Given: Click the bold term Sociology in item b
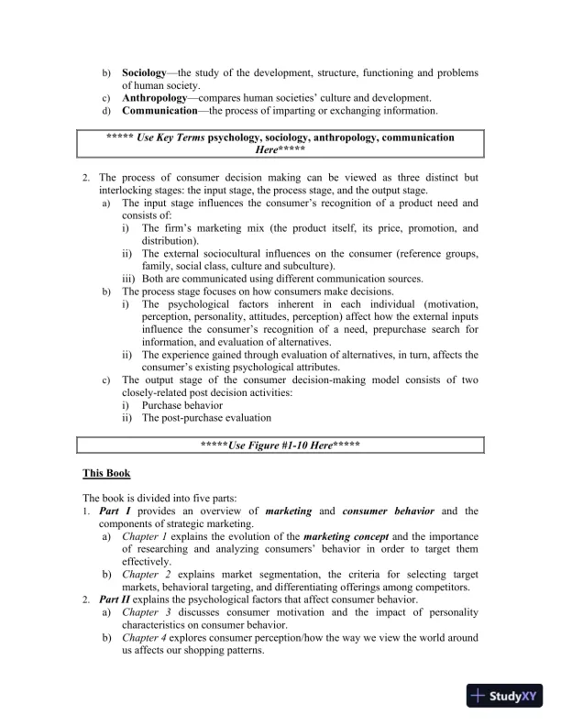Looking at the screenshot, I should [145, 71].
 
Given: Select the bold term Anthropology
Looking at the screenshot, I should [157, 97].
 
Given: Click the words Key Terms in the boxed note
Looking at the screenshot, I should [181, 137].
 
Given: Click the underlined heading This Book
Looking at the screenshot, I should [106, 473].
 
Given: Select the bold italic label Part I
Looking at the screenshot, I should [114, 511].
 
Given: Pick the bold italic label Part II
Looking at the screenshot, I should [115, 599].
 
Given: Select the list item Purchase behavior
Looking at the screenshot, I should [185, 404].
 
